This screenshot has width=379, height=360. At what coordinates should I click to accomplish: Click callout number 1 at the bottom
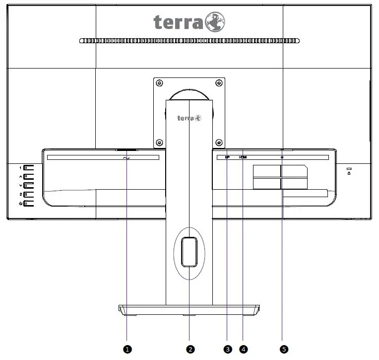[127, 349]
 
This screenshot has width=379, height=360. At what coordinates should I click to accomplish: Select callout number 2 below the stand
[190, 349]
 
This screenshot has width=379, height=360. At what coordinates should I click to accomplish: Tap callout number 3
[228, 349]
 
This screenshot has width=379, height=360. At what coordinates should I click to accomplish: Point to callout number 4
[243, 349]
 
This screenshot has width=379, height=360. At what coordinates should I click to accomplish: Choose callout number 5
[284, 349]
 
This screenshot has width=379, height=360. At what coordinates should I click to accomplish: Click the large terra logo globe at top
[215, 22]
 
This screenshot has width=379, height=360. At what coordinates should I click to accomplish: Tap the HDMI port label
[243, 157]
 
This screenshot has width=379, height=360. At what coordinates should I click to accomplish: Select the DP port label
[227, 157]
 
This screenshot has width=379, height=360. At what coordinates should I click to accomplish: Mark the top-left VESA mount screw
[158, 83]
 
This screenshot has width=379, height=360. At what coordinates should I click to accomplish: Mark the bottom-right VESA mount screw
[219, 140]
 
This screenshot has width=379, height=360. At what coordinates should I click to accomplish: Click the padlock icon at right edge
[349, 173]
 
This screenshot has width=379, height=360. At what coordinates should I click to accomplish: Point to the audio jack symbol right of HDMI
[282, 157]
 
